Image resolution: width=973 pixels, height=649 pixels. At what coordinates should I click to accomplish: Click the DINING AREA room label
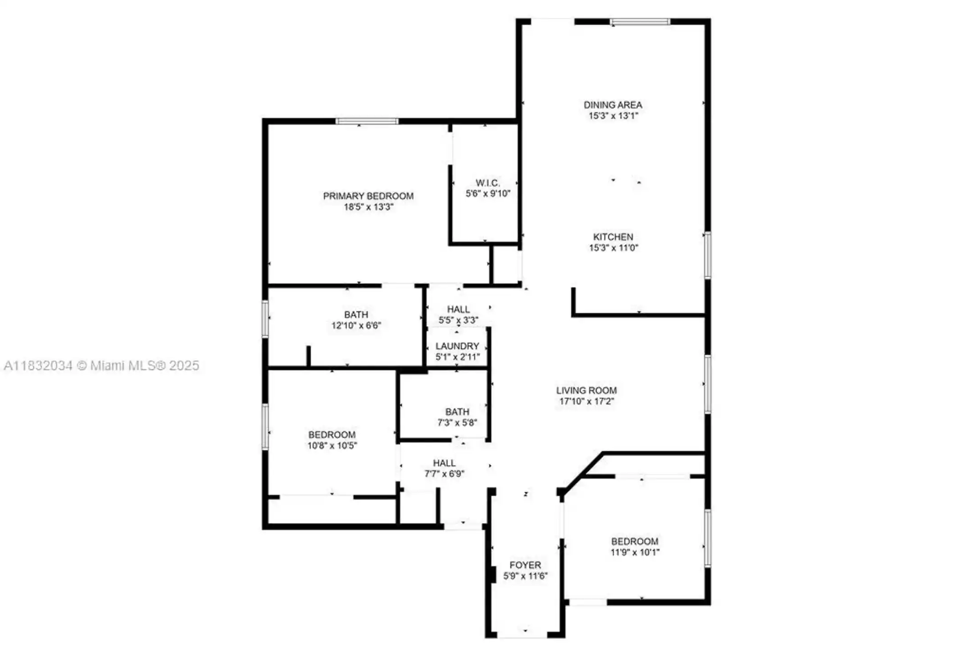613,105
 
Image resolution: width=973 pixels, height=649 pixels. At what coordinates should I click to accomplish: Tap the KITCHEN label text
613,237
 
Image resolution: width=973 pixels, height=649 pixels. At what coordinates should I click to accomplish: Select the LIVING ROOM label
586,391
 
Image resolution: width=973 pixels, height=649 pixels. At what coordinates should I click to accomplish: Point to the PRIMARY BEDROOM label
368,196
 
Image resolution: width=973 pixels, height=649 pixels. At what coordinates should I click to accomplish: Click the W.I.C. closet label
488,183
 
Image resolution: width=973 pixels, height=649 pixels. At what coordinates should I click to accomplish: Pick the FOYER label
525,565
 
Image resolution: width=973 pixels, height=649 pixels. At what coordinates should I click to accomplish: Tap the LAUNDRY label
457,346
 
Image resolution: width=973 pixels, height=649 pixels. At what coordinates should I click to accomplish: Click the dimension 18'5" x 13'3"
368,207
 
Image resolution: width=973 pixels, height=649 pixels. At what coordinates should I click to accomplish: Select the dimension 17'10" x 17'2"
586,402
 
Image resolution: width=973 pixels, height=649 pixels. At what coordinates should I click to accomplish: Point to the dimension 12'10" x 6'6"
356,325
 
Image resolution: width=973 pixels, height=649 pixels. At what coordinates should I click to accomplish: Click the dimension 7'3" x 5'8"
457,423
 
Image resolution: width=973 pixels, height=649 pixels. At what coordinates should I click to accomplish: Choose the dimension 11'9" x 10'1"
635,553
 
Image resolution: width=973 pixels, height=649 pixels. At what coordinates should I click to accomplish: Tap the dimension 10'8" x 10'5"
332,446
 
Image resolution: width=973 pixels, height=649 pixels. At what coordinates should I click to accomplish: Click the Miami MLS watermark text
101,366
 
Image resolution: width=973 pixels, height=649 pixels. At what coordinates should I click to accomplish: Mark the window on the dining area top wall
640,22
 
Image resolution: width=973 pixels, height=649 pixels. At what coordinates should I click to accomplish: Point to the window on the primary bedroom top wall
367,121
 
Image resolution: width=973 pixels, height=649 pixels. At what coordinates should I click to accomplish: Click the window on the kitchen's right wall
708,255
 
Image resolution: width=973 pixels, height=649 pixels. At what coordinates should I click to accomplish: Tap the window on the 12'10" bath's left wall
265,319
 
